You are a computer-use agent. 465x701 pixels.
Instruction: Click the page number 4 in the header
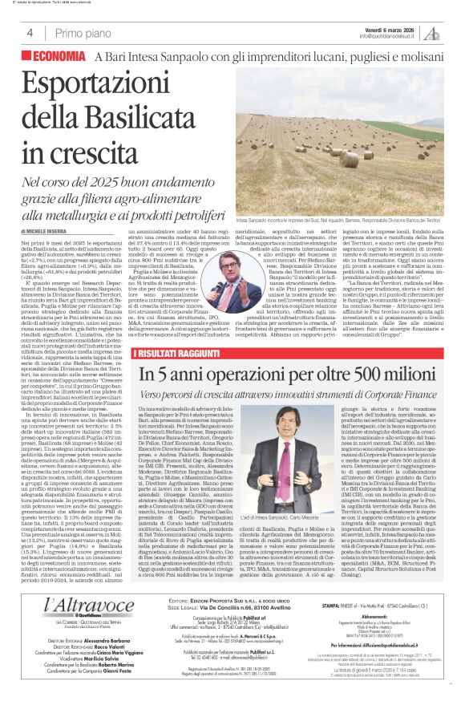(30, 33)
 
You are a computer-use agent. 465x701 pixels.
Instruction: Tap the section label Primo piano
(81, 33)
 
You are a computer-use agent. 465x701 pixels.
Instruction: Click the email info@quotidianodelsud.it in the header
(389, 36)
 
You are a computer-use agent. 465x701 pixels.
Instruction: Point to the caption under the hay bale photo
(337, 218)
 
